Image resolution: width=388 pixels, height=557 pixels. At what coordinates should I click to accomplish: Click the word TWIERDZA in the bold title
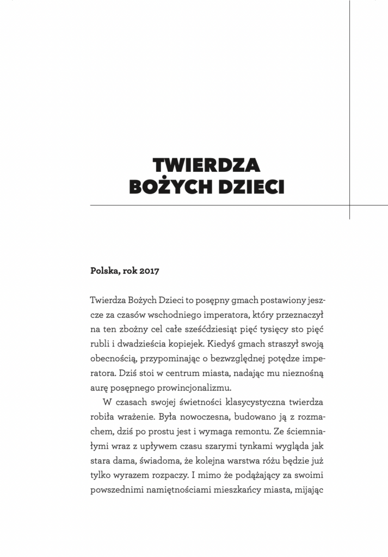click(x=206, y=165)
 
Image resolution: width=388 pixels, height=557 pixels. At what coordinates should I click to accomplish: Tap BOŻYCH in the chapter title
click(x=171, y=187)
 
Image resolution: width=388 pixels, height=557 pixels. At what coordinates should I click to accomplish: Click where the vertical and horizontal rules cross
click(x=349, y=206)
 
